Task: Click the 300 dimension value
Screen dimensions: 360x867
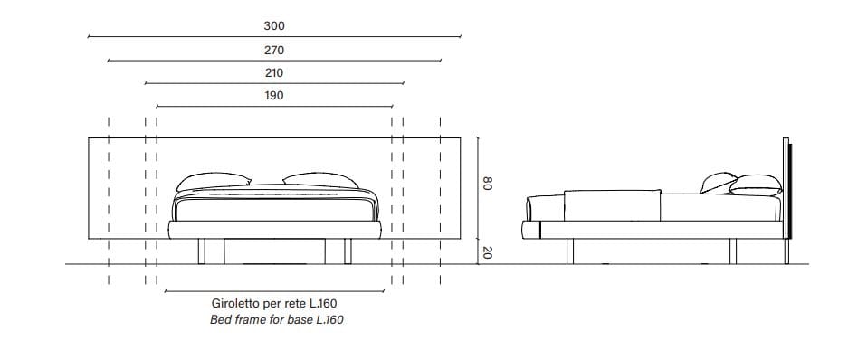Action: click(274, 27)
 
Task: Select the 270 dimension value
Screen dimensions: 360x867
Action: click(274, 51)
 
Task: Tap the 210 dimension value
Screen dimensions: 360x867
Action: click(274, 73)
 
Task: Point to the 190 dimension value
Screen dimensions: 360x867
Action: click(274, 96)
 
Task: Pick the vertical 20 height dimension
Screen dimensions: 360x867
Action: click(486, 253)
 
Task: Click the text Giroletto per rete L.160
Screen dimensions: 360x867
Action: click(274, 304)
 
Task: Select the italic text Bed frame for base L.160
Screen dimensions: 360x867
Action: click(274, 319)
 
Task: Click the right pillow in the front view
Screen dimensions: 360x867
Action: click(321, 182)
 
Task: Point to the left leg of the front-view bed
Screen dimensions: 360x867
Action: click(203, 251)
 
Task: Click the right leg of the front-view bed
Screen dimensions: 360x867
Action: click(347, 251)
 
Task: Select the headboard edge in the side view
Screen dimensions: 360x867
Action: click(786, 194)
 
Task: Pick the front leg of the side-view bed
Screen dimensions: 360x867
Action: click(569, 251)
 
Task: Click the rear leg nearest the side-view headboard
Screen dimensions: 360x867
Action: click(733, 251)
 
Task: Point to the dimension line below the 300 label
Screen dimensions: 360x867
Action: click(274, 38)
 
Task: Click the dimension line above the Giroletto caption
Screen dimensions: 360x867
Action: click(274, 291)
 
